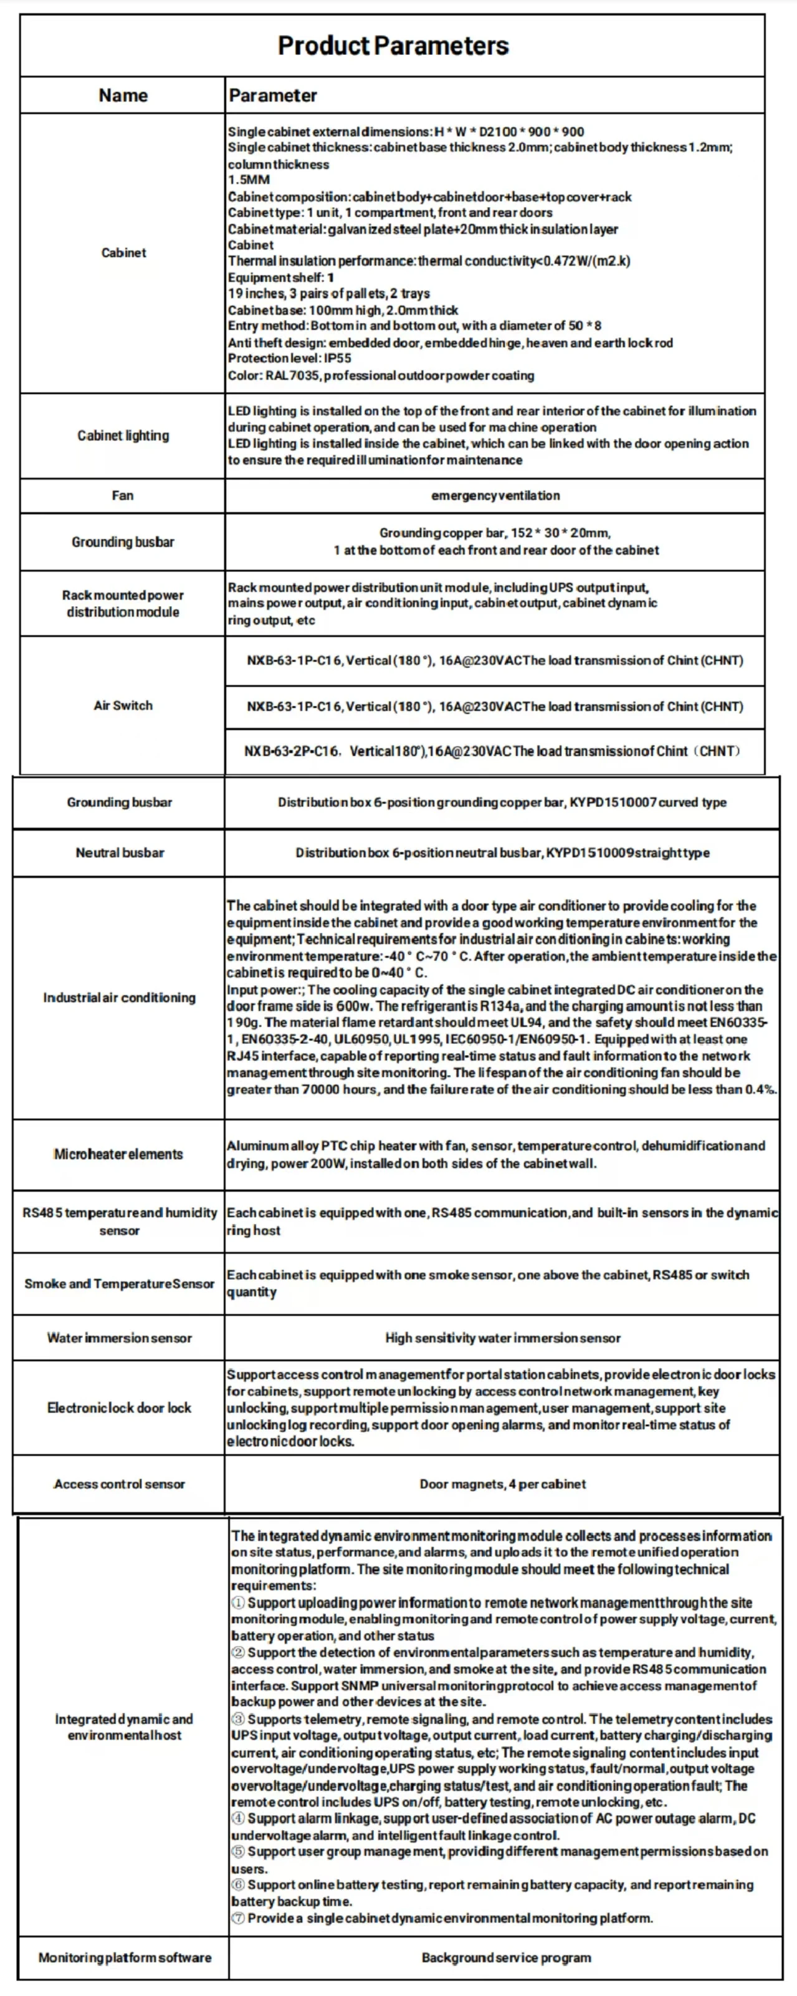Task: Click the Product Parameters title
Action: (x=393, y=46)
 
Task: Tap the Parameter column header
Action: (x=273, y=95)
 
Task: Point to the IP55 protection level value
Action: (x=337, y=358)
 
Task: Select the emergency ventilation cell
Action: (x=495, y=495)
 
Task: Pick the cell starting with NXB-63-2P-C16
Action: (x=493, y=751)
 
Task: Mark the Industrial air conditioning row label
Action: (x=119, y=997)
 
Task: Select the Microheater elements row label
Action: (x=118, y=1154)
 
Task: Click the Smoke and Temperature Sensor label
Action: (x=119, y=1283)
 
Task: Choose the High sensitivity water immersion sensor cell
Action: (x=503, y=1338)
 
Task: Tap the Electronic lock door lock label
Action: (x=119, y=1407)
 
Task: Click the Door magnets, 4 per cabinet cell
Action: (x=503, y=1484)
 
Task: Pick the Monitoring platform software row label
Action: (x=125, y=1957)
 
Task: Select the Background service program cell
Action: (x=506, y=1957)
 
